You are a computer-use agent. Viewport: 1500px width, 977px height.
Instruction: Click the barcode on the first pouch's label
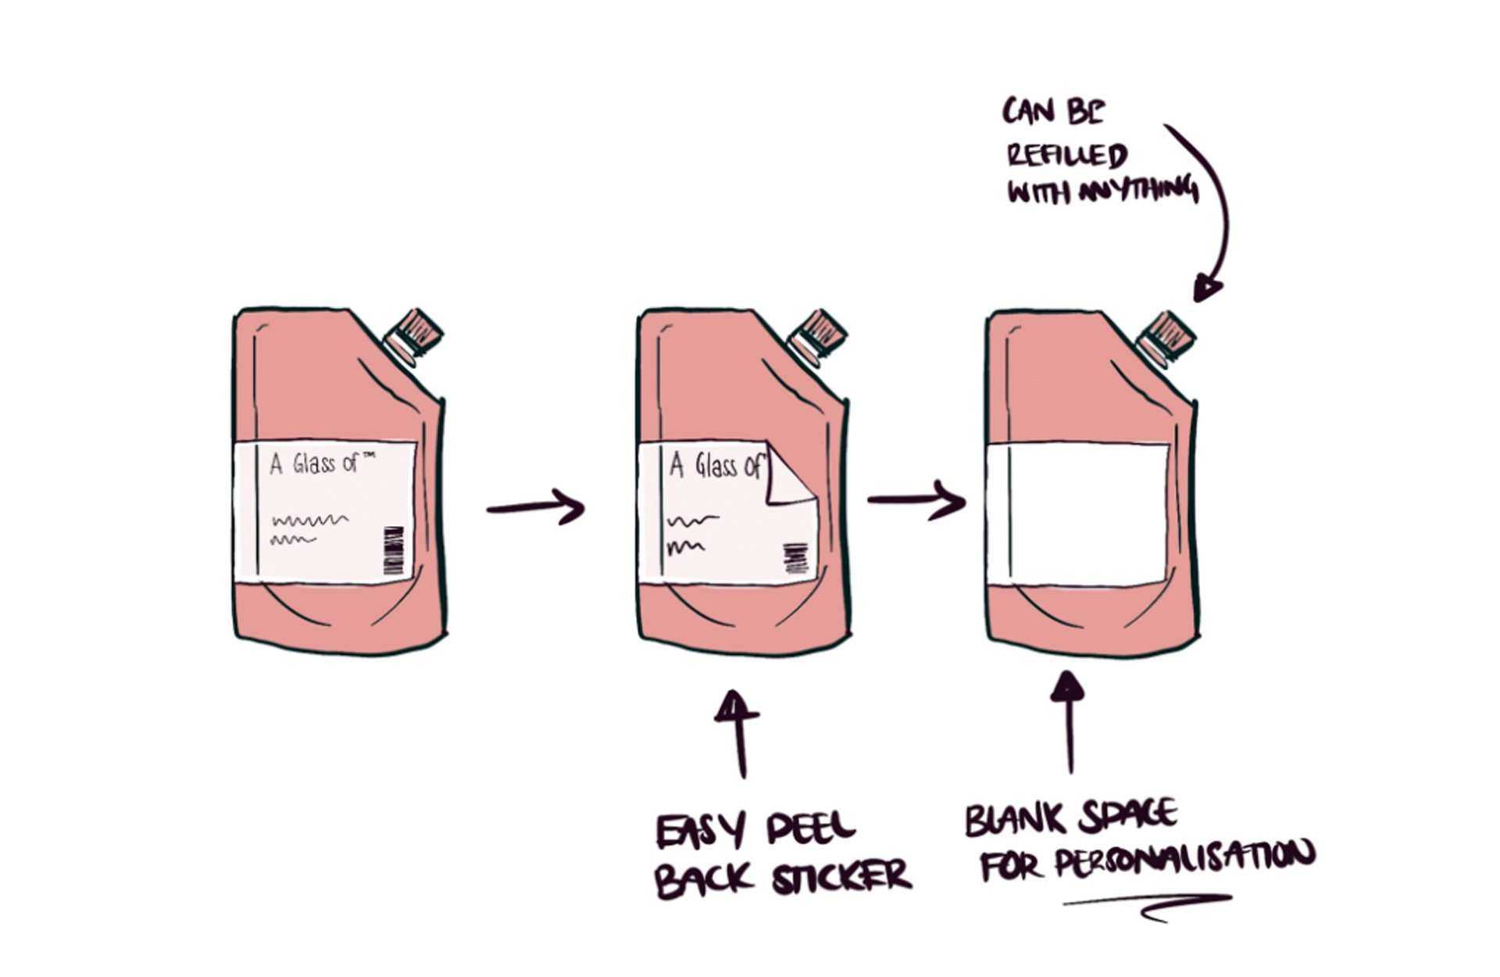point(394,550)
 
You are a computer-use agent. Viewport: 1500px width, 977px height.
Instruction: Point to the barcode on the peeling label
point(796,558)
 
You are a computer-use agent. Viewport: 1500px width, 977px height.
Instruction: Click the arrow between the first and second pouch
point(536,507)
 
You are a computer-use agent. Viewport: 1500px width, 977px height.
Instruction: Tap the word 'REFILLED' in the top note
point(1066,154)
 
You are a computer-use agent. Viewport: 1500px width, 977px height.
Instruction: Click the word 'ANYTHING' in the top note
point(1139,190)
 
